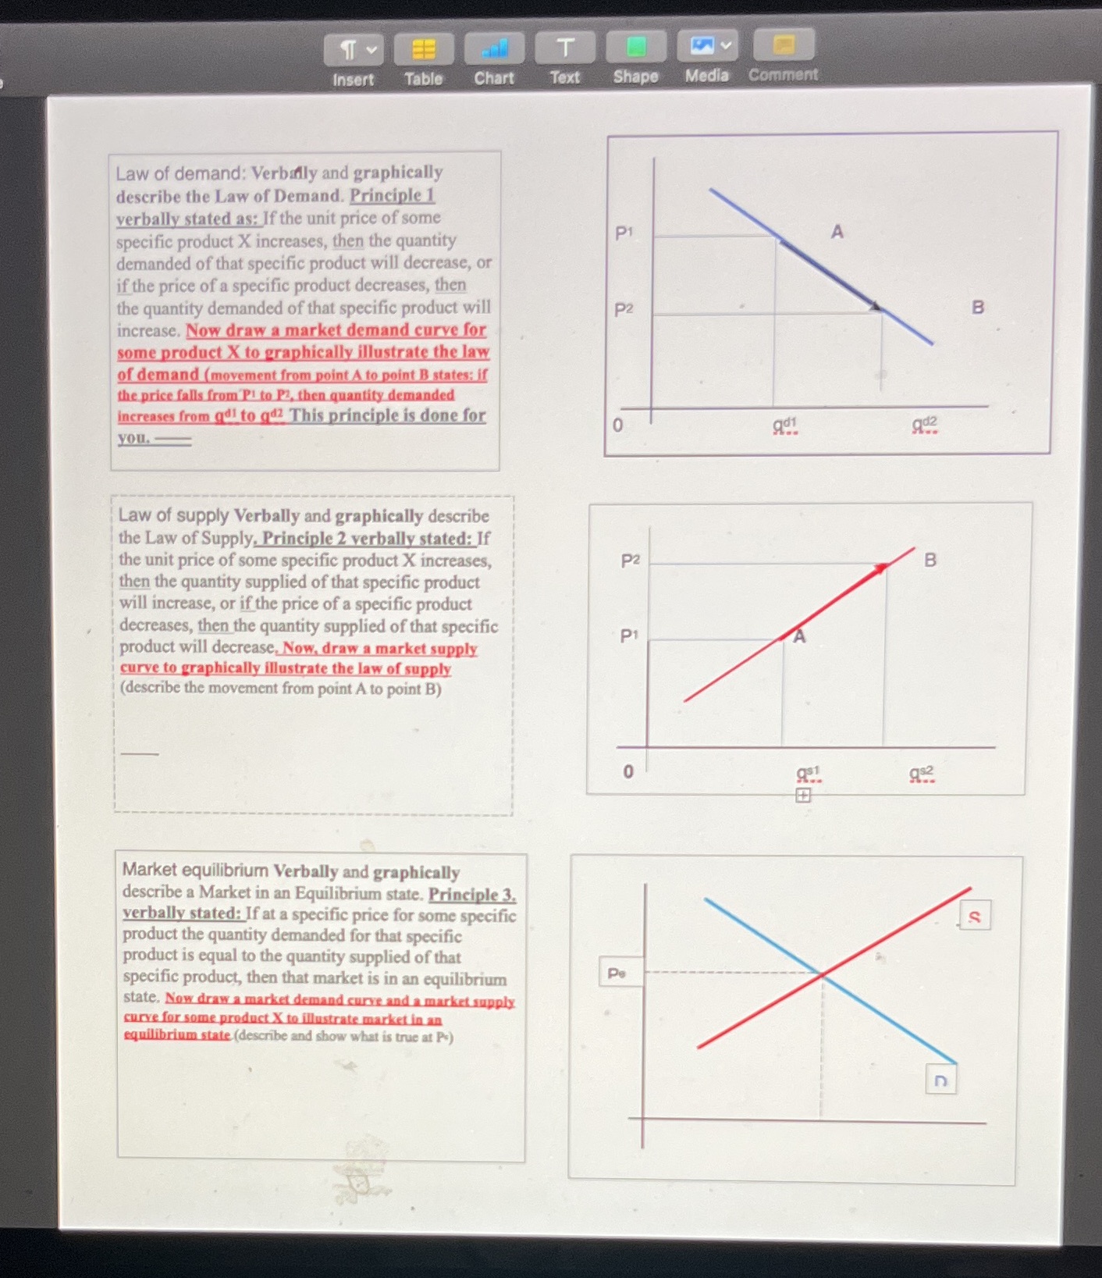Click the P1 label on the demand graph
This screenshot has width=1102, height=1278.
[x=624, y=233]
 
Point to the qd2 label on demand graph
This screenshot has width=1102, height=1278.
[x=925, y=425]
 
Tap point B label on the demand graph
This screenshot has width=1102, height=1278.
[x=977, y=307]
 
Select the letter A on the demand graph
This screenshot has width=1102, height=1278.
[x=837, y=232]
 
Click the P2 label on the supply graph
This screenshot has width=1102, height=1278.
[x=630, y=561]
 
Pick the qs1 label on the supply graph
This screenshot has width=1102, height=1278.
[x=809, y=773]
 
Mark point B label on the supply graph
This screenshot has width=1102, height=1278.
[x=930, y=560]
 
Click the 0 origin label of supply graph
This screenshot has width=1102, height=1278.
[x=627, y=771]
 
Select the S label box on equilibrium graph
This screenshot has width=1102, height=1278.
[x=974, y=917]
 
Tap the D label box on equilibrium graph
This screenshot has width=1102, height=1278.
[x=940, y=1080]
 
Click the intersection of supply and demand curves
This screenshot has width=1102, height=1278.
[x=822, y=974]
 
